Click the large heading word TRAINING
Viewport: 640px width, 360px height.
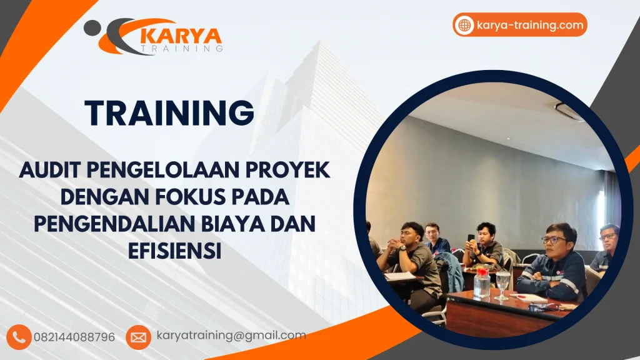click(169, 114)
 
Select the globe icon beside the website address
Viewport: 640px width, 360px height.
click(464, 25)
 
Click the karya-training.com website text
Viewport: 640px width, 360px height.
click(530, 25)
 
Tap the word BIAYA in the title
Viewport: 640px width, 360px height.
click(233, 224)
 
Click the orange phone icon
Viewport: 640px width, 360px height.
click(20, 336)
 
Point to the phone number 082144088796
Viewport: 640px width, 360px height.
click(74, 337)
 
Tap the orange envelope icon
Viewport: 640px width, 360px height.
click(138, 337)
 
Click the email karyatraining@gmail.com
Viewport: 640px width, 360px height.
click(231, 336)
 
